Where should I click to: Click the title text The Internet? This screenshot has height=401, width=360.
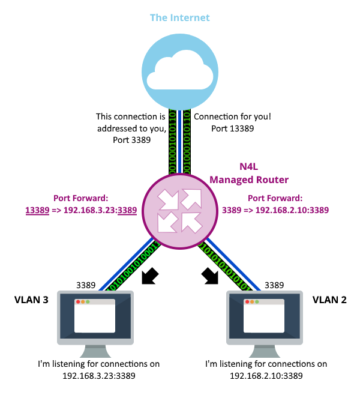pos(180,17)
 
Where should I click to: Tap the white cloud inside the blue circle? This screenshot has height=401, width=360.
pos(180,71)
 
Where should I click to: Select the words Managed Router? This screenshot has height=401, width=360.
pos(249,179)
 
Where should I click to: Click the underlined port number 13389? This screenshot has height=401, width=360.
pos(37,210)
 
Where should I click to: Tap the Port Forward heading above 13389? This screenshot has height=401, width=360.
pos(81,197)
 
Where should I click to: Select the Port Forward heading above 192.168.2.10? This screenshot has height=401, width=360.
pos(275,197)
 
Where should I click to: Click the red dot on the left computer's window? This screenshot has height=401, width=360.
pos(78,301)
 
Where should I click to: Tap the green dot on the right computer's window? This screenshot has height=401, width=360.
pos(257,301)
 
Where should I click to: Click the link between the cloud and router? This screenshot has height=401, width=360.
pos(180,141)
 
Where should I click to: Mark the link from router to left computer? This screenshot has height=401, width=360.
pos(127,264)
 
